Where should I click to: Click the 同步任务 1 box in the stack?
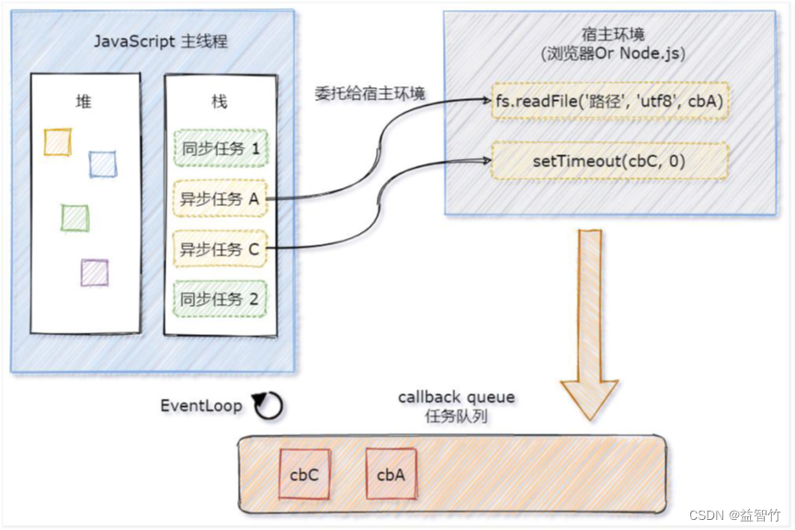point(219,147)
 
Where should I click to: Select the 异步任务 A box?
point(219,197)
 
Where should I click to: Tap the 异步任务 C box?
point(219,248)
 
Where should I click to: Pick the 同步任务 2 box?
point(219,299)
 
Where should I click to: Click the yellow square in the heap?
point(58,141)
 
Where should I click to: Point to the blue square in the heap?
point(103,164)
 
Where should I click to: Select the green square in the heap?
point(74,218)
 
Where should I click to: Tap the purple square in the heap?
point(94,272)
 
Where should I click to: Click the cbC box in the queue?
point(304,475)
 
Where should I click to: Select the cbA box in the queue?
point(392,475)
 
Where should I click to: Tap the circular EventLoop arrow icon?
point(267,406)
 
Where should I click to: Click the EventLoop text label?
point(201,405)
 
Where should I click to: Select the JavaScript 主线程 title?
point(152,42)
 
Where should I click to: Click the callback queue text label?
point(456,398)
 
